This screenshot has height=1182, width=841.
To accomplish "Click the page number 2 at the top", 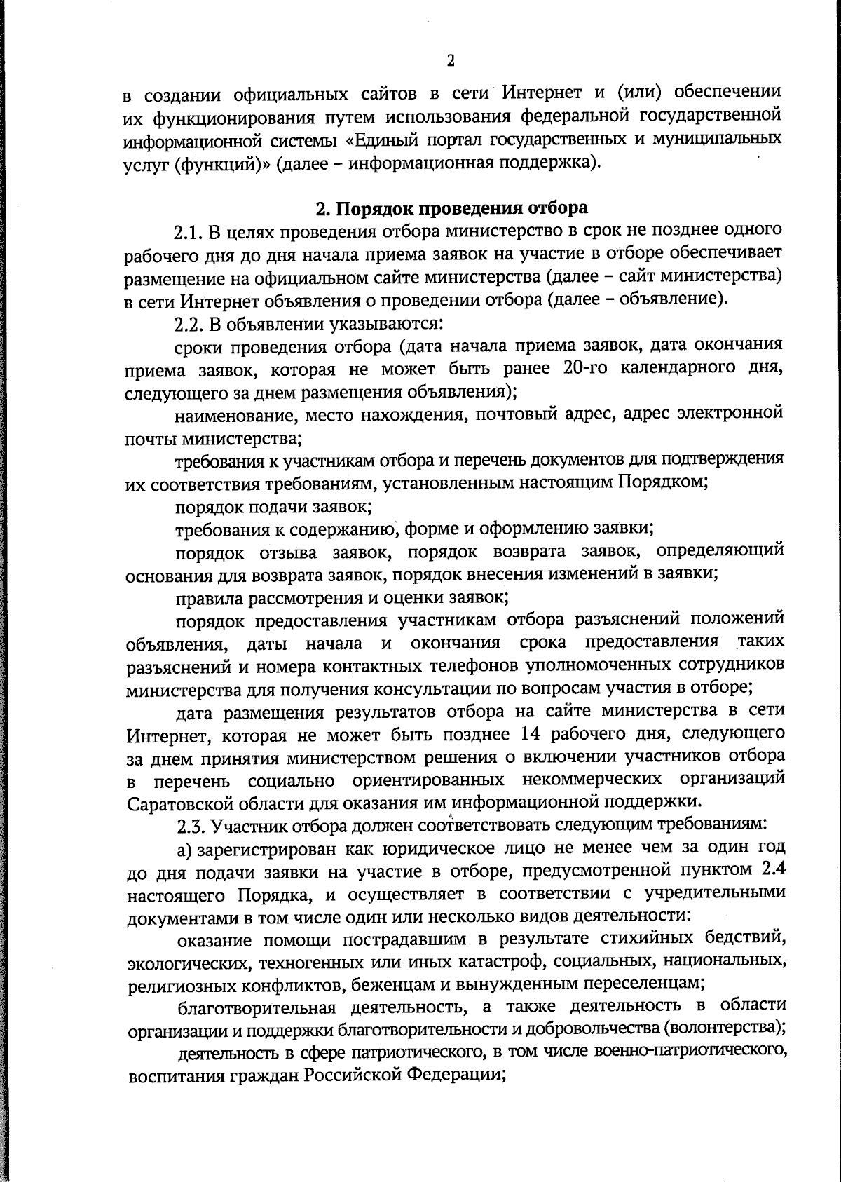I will click(451, 61).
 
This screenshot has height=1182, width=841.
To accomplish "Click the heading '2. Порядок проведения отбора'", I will click(451, 208).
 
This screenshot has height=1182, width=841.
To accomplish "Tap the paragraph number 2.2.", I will click(188, 324).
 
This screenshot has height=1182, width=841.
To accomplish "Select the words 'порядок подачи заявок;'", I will click(273, 505).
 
